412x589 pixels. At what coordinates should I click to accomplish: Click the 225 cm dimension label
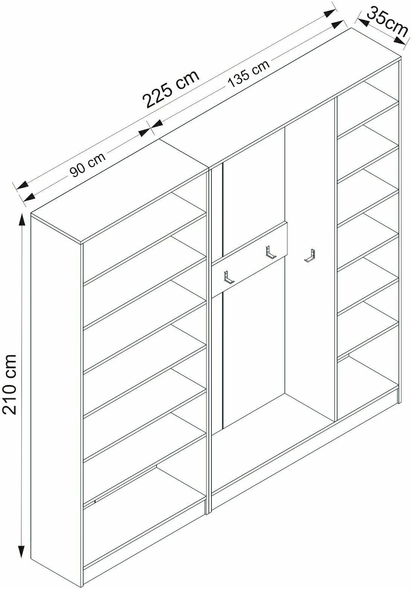coord(171,89)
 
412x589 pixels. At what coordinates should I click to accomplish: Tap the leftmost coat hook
coord(228,277)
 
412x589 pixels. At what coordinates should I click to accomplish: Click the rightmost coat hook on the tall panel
coord(310,256)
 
